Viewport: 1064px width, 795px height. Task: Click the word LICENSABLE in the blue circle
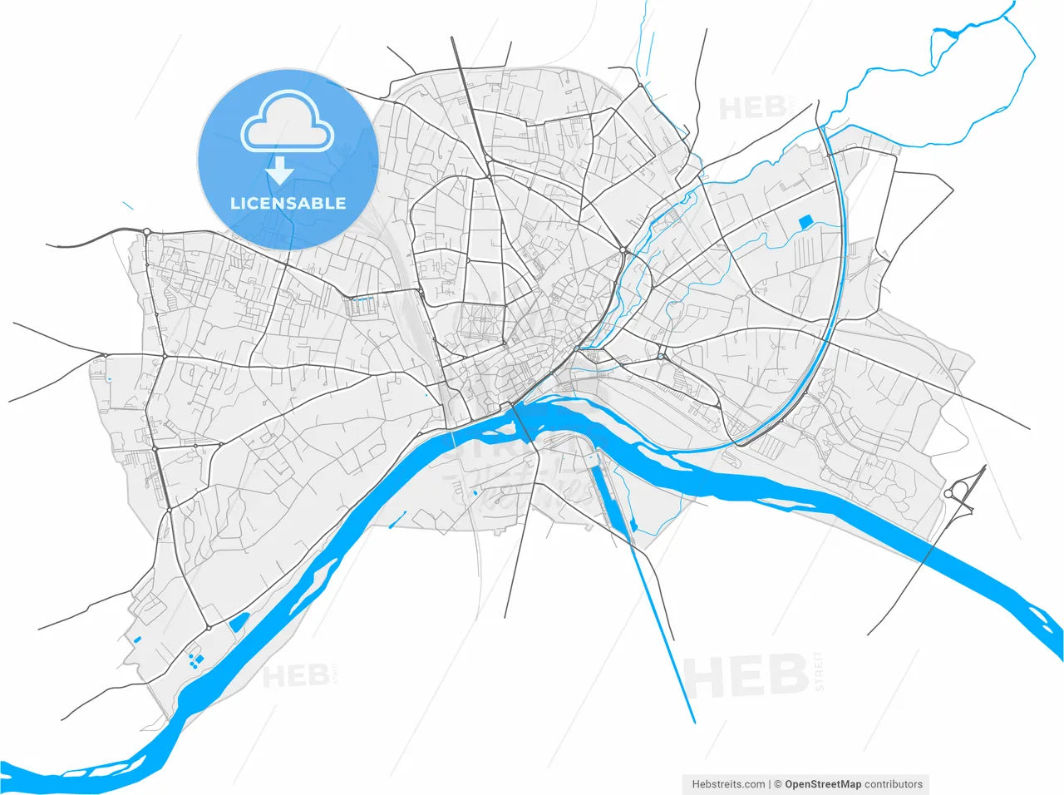coord(288,203)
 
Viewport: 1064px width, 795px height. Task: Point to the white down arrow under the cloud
coord(280,170)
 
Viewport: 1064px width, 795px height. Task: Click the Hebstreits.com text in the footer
coord(728,784)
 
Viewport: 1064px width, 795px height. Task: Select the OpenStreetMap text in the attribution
coord(823,784)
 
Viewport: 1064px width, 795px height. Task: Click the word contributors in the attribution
coord(894,784)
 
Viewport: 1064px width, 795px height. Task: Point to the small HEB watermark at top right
coord(752,108)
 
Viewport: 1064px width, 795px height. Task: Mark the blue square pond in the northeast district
coord(805,222)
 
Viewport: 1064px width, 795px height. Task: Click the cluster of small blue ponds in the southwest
coord(195,661)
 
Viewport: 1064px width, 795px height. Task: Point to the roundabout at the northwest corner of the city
coord(146,231)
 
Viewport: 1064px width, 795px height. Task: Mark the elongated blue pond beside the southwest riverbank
coord(239,621)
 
